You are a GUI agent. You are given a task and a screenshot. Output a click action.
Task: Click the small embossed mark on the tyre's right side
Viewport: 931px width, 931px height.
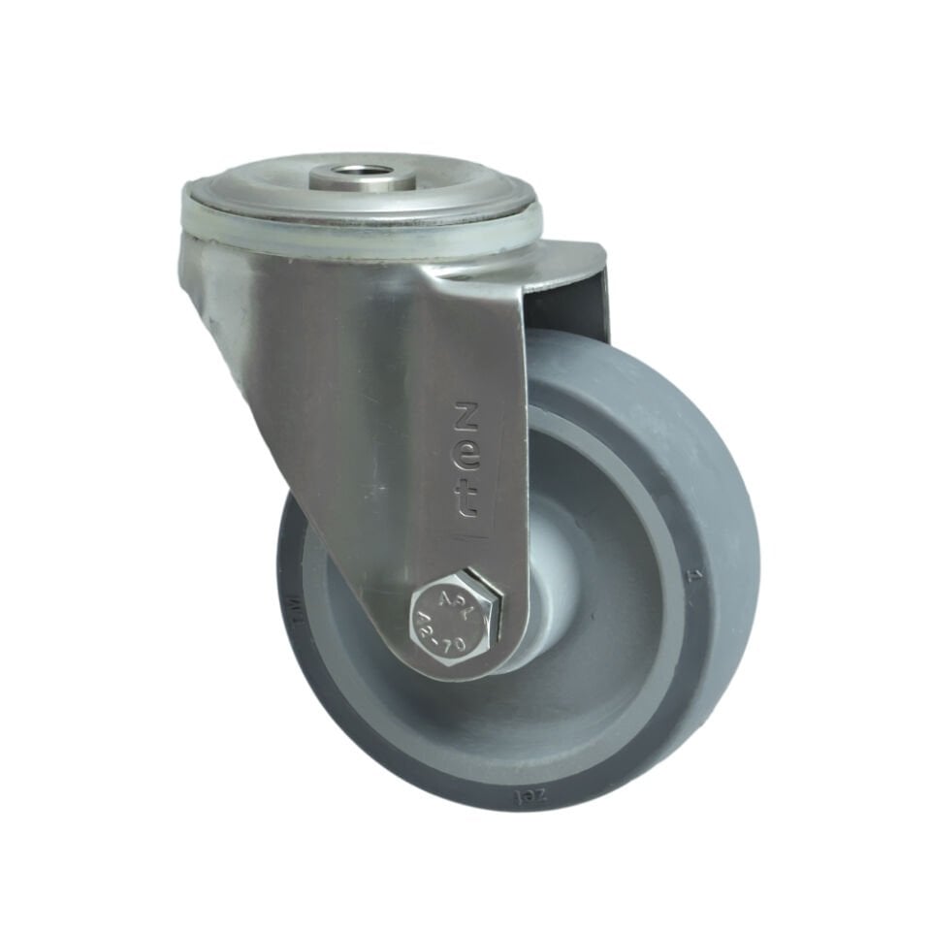(692, 576)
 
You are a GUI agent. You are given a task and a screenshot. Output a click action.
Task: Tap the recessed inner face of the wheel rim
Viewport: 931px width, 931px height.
(582, 679)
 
